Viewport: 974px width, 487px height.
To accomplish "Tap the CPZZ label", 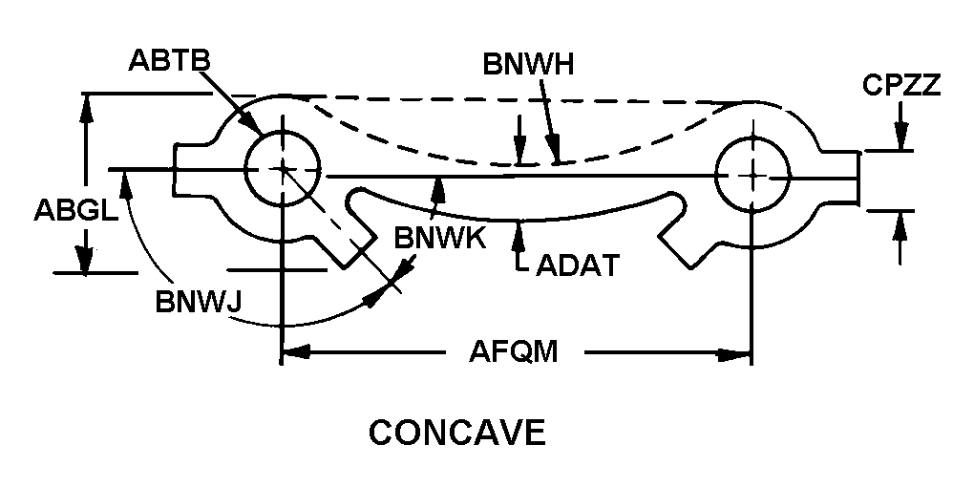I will coord(900,85).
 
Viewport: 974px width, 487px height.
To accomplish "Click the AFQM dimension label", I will coord(513,352).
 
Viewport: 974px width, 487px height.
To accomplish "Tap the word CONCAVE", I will coord(457,433).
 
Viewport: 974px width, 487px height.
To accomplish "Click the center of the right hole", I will coord(752,174).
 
